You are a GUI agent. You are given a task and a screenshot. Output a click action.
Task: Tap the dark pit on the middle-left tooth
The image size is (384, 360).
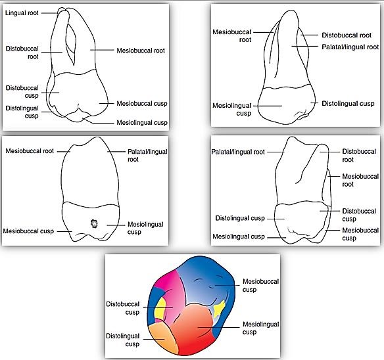93,223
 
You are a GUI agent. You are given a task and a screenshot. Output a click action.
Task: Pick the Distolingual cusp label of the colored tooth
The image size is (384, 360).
122,340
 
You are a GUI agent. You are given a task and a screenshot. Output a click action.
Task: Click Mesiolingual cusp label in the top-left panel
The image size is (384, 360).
141,122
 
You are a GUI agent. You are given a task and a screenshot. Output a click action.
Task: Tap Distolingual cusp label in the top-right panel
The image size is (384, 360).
348,103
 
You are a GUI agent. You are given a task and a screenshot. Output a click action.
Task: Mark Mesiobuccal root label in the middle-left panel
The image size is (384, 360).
30,151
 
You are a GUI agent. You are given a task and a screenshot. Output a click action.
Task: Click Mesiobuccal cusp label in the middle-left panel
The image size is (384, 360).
28,231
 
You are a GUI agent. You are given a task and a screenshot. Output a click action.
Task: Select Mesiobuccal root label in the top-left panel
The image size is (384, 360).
141,50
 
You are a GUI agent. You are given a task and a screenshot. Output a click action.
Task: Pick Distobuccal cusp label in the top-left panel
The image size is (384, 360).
22,91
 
